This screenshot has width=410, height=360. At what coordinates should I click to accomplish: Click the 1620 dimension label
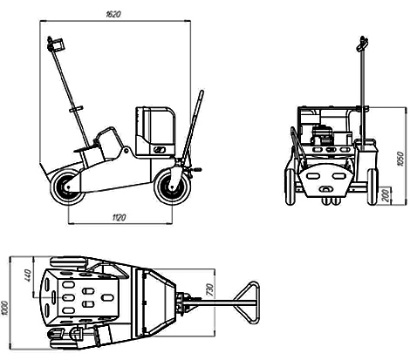coord(113,14)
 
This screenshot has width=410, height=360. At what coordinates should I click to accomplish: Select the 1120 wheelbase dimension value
coord(119,217)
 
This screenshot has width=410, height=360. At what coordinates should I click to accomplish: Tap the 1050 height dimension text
coord(400,159)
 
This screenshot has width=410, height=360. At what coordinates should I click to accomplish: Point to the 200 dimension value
coord(386,195)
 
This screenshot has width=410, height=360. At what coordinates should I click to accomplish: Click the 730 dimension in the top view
coord(210,290)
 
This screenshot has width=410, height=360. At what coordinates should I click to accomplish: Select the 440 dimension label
coord(28,275)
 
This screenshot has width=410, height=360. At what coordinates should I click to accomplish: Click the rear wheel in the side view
coord(67,187)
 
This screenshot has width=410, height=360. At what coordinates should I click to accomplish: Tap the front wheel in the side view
coord(172,187)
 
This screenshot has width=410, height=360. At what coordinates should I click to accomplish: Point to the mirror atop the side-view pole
coord(57,44)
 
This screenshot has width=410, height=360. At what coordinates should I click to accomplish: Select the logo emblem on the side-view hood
coord(160,150)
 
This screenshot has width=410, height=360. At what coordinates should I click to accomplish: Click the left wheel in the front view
coord(290,187)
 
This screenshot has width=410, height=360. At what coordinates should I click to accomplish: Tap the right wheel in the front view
coord(372,187)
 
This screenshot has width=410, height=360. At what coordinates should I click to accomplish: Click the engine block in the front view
coord(322,135)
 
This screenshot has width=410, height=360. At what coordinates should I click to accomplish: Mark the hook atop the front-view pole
coord(362,44)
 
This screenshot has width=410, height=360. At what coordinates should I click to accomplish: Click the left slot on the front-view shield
coord(312,176)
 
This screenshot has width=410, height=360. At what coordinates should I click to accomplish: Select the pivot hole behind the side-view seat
coord(126,151)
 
